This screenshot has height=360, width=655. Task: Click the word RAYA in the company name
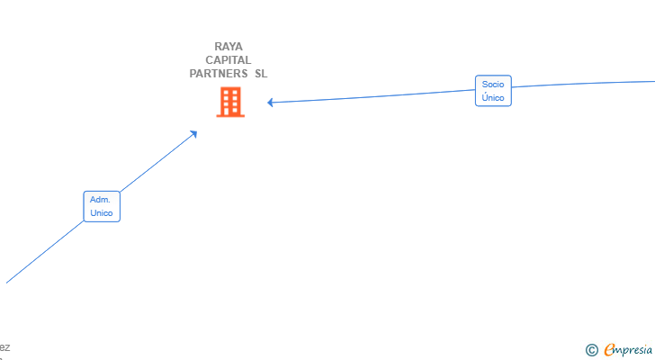[x=229, y=47]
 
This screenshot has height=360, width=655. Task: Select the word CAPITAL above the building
[x=229, y=60]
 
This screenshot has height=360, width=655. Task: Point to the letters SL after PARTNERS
[x=261, y=74]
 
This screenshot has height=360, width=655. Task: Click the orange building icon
[x=230, y=102]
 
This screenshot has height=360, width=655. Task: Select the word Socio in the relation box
[x=493, y=85]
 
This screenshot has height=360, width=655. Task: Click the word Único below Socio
[x=493, y=97]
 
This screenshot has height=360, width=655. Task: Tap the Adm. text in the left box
[x=101, y=200]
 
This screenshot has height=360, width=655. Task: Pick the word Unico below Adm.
[x=102, y=213]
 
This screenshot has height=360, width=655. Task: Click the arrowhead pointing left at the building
[x=271, y=103]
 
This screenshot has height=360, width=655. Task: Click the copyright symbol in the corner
[x=591, y=349]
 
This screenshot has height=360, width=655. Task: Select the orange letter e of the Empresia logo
[x=609, y=349]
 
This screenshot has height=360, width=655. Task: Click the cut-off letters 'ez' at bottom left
[x=5, y=346]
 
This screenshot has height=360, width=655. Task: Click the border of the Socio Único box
[x=476, y=91]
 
